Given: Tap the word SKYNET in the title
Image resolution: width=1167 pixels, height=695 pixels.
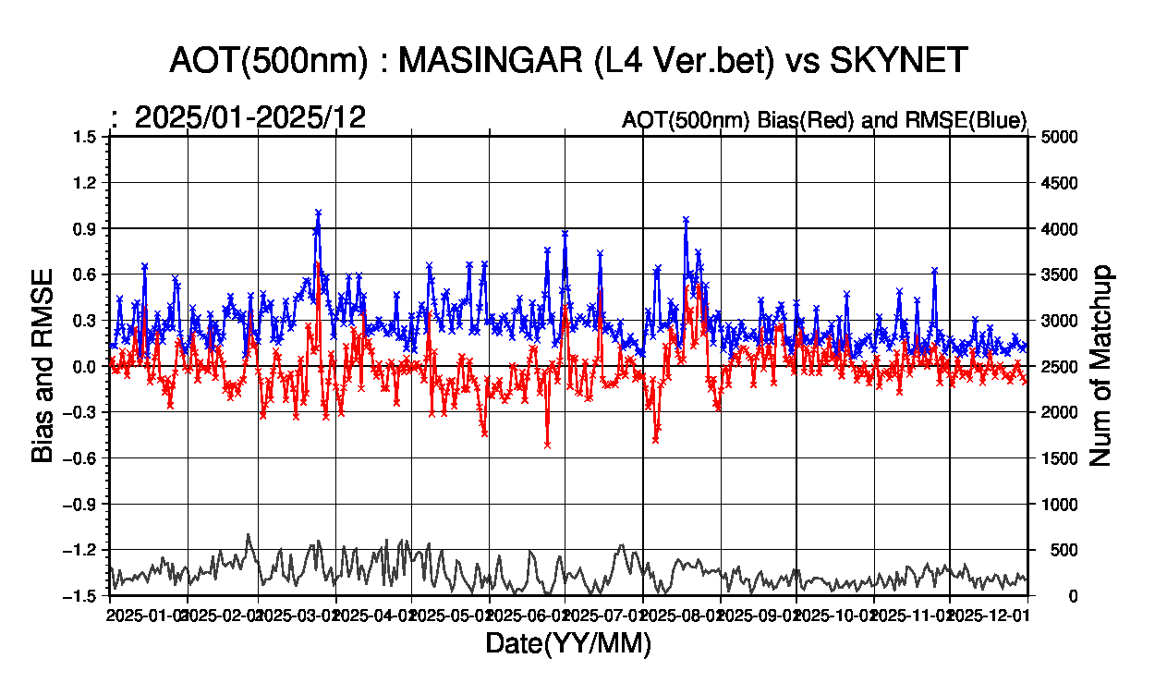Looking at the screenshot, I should [x=899, y=61].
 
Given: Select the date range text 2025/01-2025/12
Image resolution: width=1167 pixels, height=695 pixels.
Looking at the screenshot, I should [x=250, y=117].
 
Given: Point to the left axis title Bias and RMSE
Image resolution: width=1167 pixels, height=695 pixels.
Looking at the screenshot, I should [x=43, y=366].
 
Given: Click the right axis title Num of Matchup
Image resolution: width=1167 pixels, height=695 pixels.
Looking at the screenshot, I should [x=1101, y=366].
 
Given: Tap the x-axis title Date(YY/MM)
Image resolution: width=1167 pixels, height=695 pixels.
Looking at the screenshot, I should [x=568, y=644].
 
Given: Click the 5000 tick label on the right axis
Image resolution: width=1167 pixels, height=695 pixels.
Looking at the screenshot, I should [x=1061, y=137].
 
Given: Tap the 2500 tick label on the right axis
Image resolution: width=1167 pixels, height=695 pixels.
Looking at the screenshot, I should [x=1061, y=366].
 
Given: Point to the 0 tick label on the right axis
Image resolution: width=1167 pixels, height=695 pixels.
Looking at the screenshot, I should [x=1046, y=596].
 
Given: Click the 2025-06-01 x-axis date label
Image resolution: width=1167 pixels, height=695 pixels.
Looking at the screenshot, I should [x=527, y=613].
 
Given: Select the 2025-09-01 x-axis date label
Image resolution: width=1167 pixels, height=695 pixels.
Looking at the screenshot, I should [x=757, y=613].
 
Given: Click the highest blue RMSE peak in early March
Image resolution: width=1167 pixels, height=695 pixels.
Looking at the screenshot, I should [x=318, y=213].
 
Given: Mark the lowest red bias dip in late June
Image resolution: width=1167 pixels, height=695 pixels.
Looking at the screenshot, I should [x=547, y=445].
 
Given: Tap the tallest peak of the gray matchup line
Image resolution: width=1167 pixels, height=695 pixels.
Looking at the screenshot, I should [x=249, y=535].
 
